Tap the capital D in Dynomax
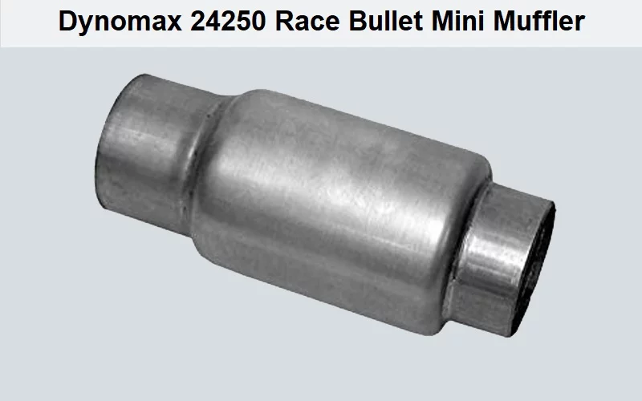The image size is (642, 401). click(67, 22)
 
